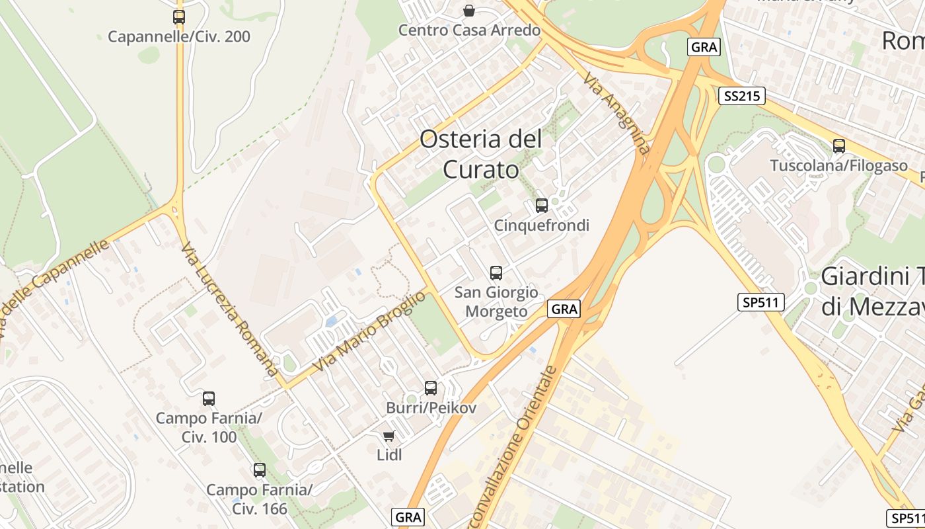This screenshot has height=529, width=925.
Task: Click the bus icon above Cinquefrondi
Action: point(542,206)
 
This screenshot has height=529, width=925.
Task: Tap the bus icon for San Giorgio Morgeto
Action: point(496,272)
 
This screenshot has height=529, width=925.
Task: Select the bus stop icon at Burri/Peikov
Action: point(431,388)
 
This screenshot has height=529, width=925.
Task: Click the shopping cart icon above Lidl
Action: point(389,436)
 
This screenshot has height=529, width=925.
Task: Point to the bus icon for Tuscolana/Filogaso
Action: point(839,146)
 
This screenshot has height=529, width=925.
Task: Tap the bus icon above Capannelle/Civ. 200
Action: point(179,17)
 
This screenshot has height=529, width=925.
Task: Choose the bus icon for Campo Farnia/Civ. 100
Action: point(209,398)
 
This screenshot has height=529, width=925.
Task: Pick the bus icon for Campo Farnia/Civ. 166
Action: point(260,470)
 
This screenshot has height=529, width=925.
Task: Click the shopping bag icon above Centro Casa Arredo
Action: point(469,11)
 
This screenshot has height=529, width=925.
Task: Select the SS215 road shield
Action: point(741,97)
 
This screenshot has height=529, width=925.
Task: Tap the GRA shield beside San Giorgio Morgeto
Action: point(564,309)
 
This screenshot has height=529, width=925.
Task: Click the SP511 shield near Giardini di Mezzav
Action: point(760,302)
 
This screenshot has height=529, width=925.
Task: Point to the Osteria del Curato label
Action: point(481,154)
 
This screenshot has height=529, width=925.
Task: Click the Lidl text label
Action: point(389,454)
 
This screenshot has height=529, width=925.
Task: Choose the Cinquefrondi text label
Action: point(542,225)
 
